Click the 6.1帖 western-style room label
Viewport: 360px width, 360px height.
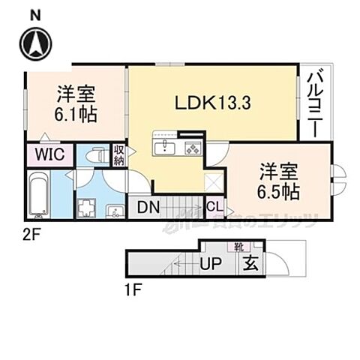75,105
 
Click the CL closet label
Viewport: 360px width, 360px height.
213,205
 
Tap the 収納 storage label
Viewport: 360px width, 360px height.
118,155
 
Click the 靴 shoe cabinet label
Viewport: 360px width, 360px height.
238,245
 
